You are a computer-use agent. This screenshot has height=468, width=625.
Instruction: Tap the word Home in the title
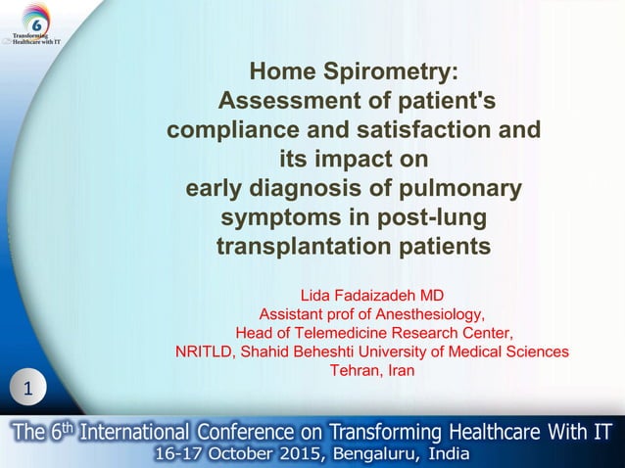[x=281, y=72]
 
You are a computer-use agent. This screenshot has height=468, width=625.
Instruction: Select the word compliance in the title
[x=232, y=129]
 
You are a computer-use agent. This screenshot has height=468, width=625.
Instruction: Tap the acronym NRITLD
[x=204, y=351]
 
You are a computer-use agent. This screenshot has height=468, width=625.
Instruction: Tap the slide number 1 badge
[x=28, y=390]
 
